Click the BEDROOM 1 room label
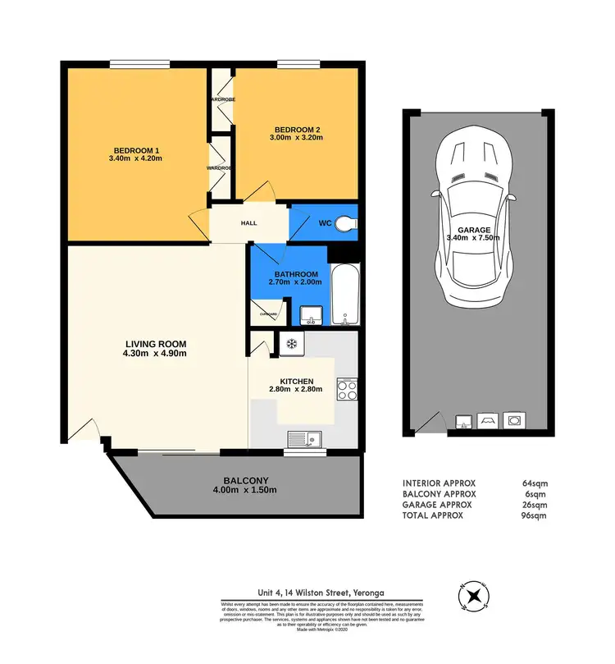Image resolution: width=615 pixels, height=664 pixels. [135, 149]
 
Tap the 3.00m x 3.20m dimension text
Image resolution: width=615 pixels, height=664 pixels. [297, 138]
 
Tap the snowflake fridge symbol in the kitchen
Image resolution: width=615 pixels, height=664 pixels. [289, 344]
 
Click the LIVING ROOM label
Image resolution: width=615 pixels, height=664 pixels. [156, 344]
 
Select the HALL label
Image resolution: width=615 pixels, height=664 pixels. [249, 222]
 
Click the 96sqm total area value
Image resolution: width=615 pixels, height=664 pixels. [533, 515]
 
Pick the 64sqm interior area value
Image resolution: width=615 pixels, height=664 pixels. [533, 483]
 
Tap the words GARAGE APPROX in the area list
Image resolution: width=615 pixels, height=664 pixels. [439, 505]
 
